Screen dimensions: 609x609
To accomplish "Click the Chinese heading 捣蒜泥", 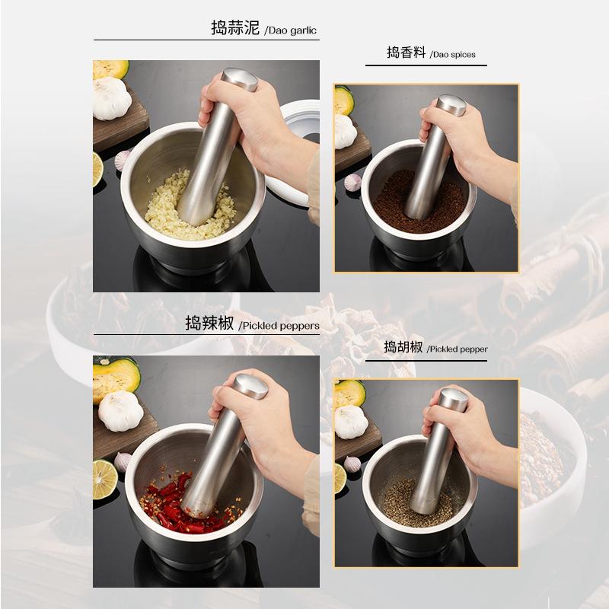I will pyautogui.click(x=235, y=29).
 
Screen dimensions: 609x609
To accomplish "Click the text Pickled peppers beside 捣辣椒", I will pyautogui.click(x=279, y=326).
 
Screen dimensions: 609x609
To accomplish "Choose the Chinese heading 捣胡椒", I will pyautogui.click(x=403, y=347).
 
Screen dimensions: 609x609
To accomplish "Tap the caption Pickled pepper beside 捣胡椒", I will pyautogui.click(x=457, y=349).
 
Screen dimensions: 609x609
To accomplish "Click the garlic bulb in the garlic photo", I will pyautogui.click(x=111, y=99).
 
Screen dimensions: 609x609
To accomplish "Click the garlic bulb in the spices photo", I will pyautogui.click(x=344, y=132).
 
